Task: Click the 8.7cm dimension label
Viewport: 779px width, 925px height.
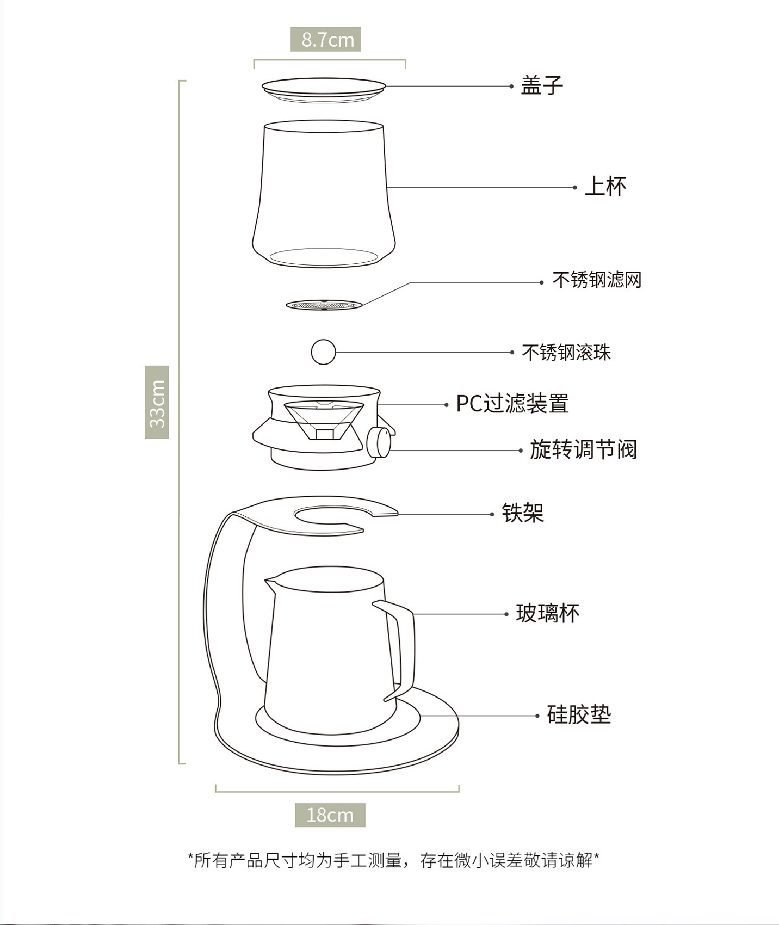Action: [326, 40]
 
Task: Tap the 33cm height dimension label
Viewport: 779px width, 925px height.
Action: [157, 402]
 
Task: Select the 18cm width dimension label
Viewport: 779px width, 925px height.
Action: [330, 815]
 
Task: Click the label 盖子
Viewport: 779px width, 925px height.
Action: [541, 86]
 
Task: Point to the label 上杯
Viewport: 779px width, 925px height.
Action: [605, 187]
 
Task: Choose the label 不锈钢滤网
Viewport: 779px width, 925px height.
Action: [597, 280]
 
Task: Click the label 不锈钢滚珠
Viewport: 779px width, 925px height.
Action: [566, 353]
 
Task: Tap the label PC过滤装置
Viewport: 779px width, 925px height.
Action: [512, 404]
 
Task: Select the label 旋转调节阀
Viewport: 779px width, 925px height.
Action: [583, 450]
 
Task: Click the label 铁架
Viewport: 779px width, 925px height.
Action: [522, 513]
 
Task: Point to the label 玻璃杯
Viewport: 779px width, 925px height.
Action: [547, 614]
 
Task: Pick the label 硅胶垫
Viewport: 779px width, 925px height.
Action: [579, 715]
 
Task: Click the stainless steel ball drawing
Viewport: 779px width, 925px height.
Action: [323, 352]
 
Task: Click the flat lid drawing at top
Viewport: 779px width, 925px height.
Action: [324, 88]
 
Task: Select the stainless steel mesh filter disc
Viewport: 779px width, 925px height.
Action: [324, 305]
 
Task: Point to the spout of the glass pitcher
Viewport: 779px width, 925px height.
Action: [270, 584]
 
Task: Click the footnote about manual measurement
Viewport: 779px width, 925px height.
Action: [393, 861]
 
